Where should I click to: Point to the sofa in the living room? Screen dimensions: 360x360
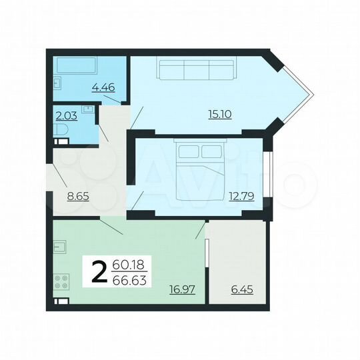[195, 69]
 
